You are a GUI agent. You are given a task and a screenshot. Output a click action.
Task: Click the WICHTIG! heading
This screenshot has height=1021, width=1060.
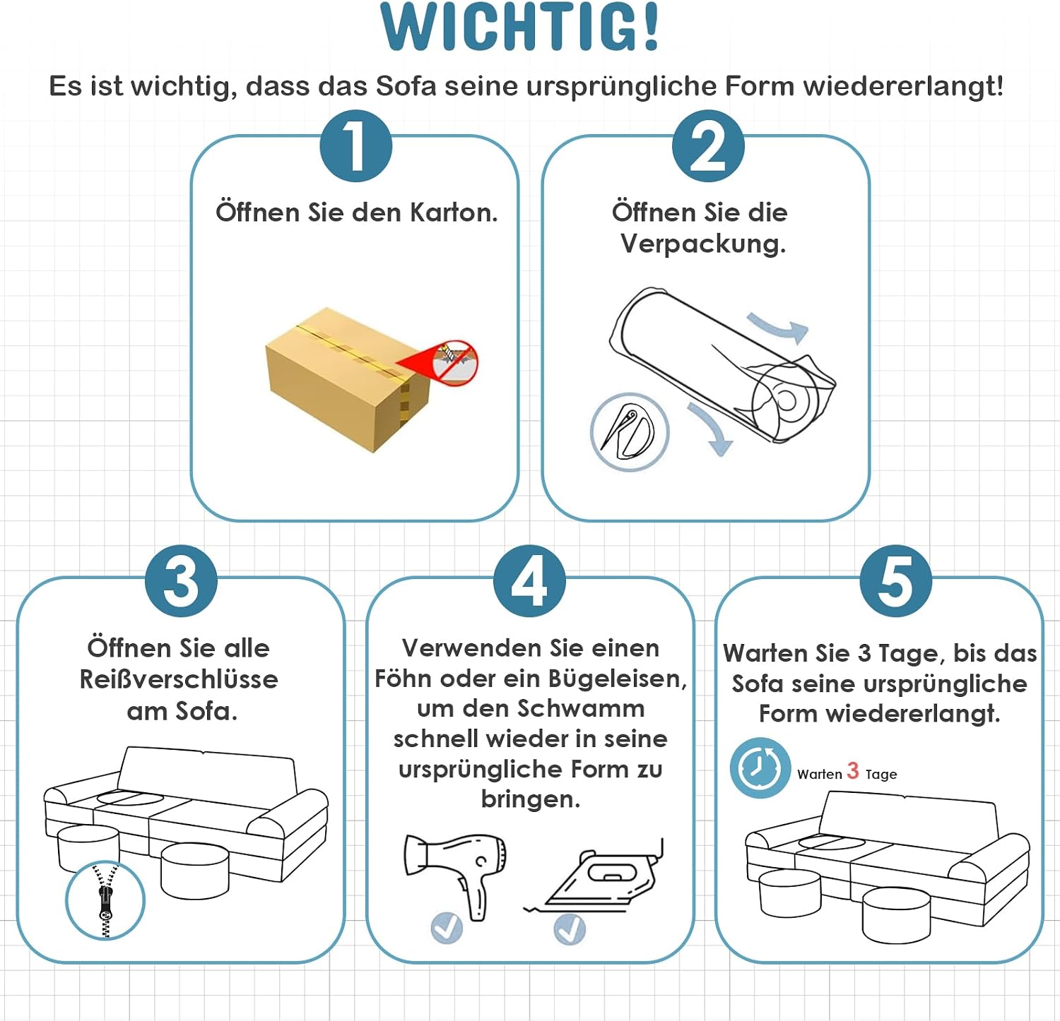pyautogui.click(x=519, y=27)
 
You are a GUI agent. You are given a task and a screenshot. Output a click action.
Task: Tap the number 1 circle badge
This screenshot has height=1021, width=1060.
pyautogui.click(x=355, y=146)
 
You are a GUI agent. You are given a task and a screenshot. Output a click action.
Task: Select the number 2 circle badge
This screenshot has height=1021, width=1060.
pyautogui.click(x=707, y=146)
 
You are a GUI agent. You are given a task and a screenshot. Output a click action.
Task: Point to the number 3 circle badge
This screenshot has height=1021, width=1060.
pyautogui.click(x=181, y=581)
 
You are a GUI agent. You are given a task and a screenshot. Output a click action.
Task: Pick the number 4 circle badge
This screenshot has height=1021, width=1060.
pyautogui.click(x=529, y=581)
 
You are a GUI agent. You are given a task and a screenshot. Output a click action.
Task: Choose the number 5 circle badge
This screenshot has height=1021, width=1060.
pyautogui.click(x=895, y=581)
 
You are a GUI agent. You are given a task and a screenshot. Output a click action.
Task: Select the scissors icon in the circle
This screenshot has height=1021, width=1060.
pyautogui.click(x=629, y=432)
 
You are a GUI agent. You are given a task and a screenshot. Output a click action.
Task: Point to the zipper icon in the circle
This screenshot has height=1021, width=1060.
pyautogui.click(x=105, y=900)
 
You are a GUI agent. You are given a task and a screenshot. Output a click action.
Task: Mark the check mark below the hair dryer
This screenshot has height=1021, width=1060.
pyautogui.click(x=447, y=927)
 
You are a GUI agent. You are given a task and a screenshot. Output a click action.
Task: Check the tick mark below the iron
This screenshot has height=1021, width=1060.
pyautogui.click(x=570, y=929)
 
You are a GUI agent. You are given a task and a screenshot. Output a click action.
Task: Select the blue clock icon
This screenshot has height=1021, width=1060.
pyautogui.click(x=760, y=768)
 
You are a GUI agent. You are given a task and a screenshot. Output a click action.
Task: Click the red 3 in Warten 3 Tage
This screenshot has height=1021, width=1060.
pyautogui.click(x=853, y=771)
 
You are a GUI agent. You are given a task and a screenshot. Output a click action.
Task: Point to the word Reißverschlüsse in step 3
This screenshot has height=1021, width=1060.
pyautogui.click(x=179, y=679)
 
